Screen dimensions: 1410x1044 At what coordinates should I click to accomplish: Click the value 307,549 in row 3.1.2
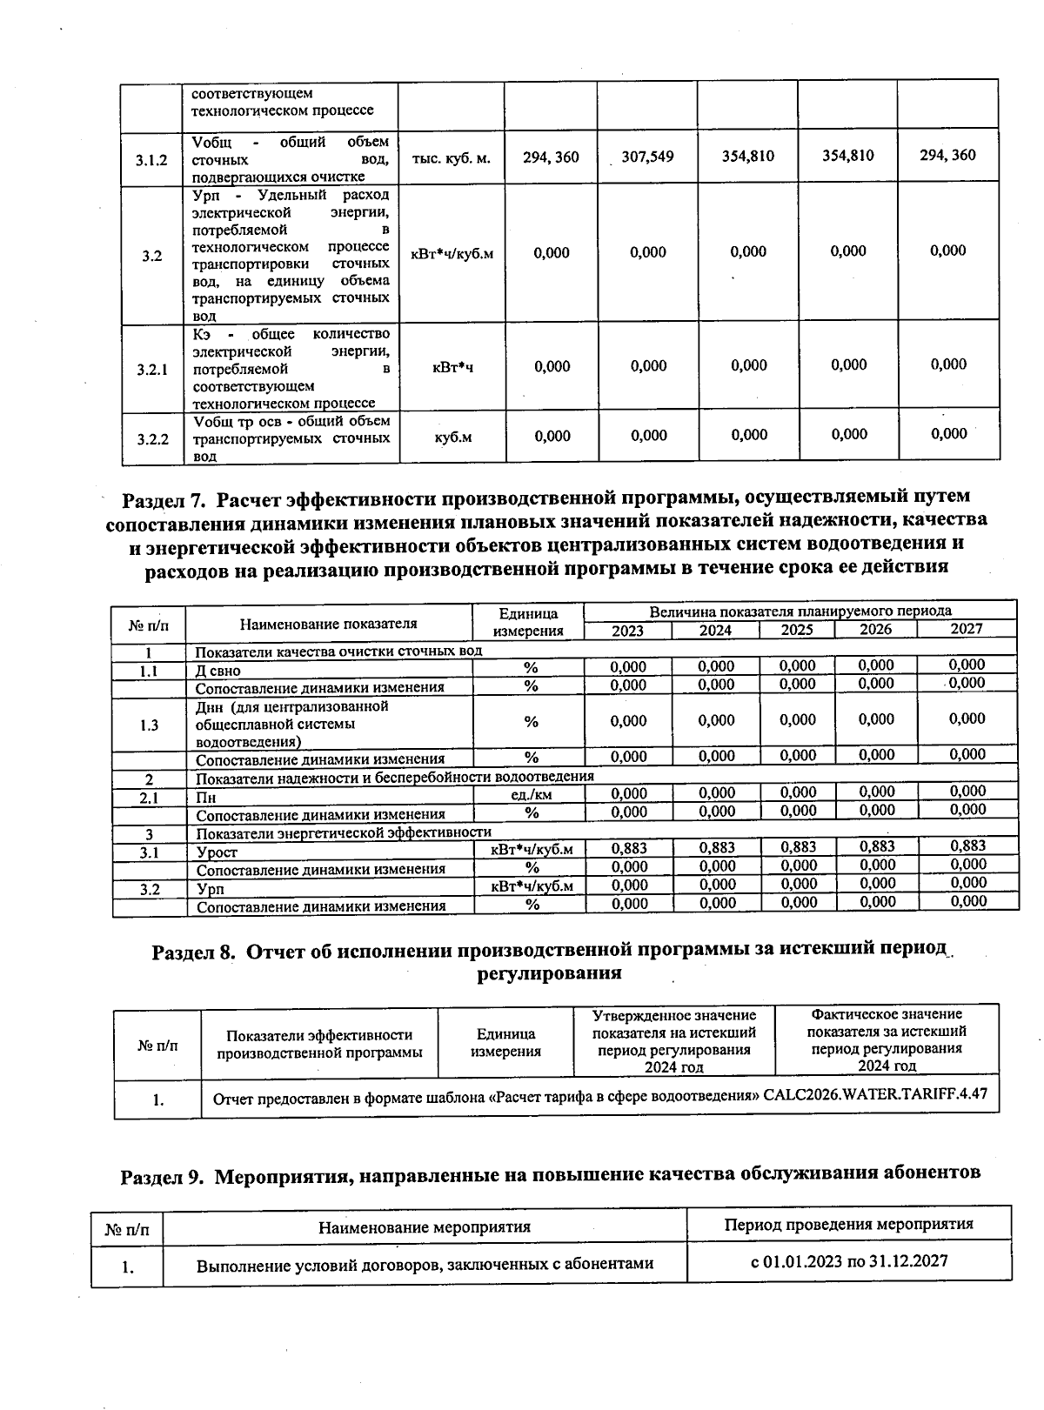coord(647,157)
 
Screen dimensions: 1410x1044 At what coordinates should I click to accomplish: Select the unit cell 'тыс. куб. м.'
coord(451,158)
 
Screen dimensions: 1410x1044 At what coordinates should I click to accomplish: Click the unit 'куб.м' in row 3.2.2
coord(452,437)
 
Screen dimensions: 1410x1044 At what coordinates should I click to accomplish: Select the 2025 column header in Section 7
coord(797,630)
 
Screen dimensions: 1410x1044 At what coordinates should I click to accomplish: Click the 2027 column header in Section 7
coord(966,629)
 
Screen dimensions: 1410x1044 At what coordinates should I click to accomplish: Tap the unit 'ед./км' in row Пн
coord(529,794)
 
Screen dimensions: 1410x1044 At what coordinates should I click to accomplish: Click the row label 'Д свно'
coord(218,671)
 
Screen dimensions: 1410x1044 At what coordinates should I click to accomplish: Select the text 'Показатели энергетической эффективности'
coord(344,833)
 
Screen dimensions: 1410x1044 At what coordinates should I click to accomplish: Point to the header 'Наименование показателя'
coord(329,623)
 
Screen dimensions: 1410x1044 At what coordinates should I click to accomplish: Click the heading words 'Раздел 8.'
coord(194,952)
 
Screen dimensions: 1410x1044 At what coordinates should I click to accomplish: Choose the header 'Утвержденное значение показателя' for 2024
coord(674,1040)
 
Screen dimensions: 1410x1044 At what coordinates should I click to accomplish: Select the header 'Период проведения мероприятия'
coord(848,1225)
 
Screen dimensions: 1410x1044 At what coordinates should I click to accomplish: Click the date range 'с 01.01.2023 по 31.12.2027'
coord(849,1261)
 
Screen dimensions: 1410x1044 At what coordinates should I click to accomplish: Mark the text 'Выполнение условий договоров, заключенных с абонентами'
coord(425,1264)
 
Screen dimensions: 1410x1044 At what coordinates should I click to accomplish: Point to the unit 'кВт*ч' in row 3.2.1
coord(452,368)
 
